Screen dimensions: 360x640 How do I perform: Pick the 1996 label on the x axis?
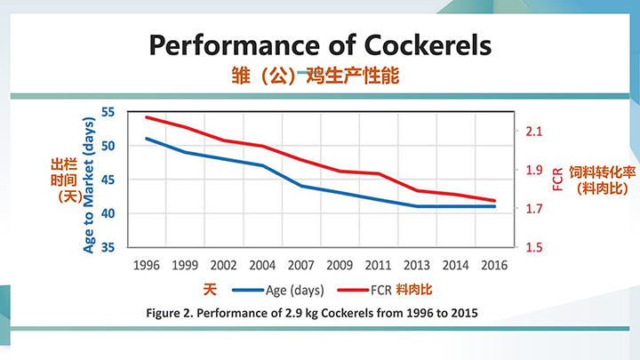[x=147, y=265]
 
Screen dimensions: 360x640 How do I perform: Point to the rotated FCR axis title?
[x=557, y=179]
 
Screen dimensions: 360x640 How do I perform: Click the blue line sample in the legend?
[x=246, y=290]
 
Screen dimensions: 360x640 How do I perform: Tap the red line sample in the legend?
[x=354, y=290]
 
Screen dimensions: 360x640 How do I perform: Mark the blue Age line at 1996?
[x=147, y=139]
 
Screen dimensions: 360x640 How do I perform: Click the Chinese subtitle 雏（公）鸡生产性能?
[x=320, y=77]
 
